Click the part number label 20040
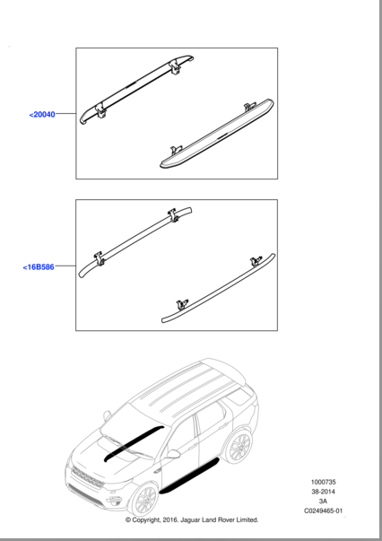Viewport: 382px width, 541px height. (x=41, y=115)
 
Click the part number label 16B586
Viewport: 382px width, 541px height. (x=38, y=267)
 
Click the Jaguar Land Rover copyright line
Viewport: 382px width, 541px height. (x=191, y=519)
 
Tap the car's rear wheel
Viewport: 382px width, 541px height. (x=240, y=446)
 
